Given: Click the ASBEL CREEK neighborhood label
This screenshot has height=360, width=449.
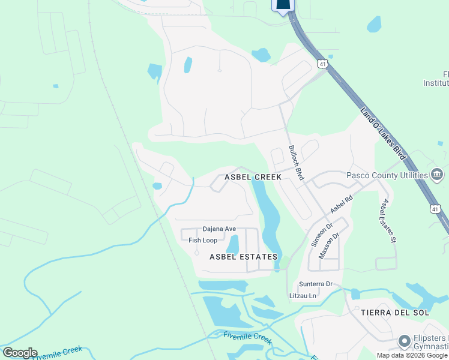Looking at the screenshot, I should click(x=253, y=178).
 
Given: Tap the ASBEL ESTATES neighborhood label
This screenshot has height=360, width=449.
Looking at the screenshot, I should click(x=244, y=257).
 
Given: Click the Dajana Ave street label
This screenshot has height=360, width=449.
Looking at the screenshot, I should click(x=219, y=229).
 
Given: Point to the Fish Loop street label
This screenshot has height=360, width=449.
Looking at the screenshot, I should click(x=203, y=241).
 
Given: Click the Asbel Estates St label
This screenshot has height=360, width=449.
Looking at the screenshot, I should click(x=386, y=221).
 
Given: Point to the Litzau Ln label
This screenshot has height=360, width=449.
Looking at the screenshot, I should click(x=303, y=296).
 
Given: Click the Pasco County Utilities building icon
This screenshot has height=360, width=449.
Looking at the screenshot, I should click(x=438, y=175).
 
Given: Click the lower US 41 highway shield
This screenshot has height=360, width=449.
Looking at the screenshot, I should click(x=434, y=208).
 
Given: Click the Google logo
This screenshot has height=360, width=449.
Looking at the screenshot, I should click(x=20, y=353).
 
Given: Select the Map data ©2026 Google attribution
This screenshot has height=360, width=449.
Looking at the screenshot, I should click(x=412, y=355).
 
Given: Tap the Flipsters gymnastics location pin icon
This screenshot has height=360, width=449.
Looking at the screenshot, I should click(x=405, y=342).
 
